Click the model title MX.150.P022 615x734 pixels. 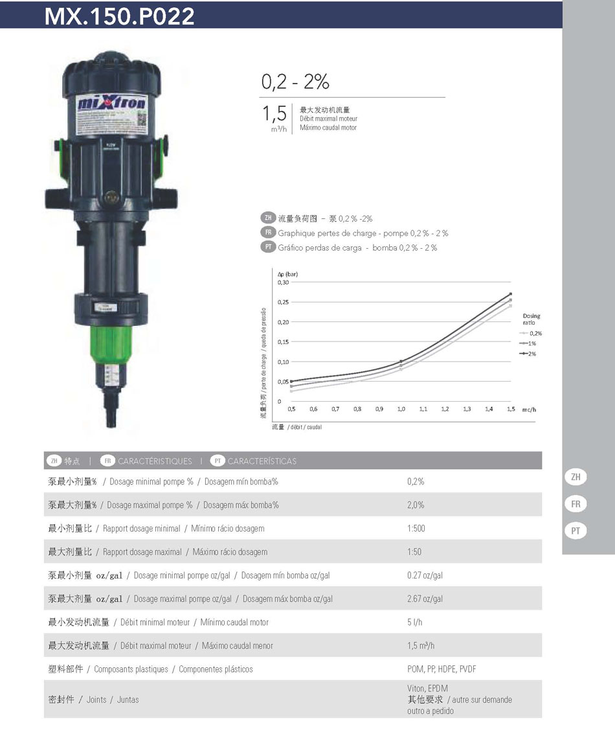pyautogui.click(x=120, y=16)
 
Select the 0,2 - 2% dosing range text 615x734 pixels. pyautogui.click(x=295, y=82)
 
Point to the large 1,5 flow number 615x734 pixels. pyautogui.click(x=274, y=114)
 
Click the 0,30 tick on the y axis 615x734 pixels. pyautogui.click(x=283, y=282)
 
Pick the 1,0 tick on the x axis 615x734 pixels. pyautogui.click(x=401, y=409)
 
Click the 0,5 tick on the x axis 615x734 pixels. pyautogui.click(x=291, y=409)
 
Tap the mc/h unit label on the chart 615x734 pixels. pyautogui.click(x=529, y=409)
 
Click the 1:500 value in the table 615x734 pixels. pyautogui.click(x=416, y=529)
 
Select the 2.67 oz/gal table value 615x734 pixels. pyautogui.click(x=425, y=599)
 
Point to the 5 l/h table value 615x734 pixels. pyautogui.click(x=415, y=622)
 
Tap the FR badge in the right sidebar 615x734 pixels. pyautogui.click(x=576, y=504)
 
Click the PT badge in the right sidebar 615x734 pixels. pyautogui.click(x=576, y=531)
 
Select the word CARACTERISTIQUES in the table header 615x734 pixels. pyautogui.click(x=155, y=461)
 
